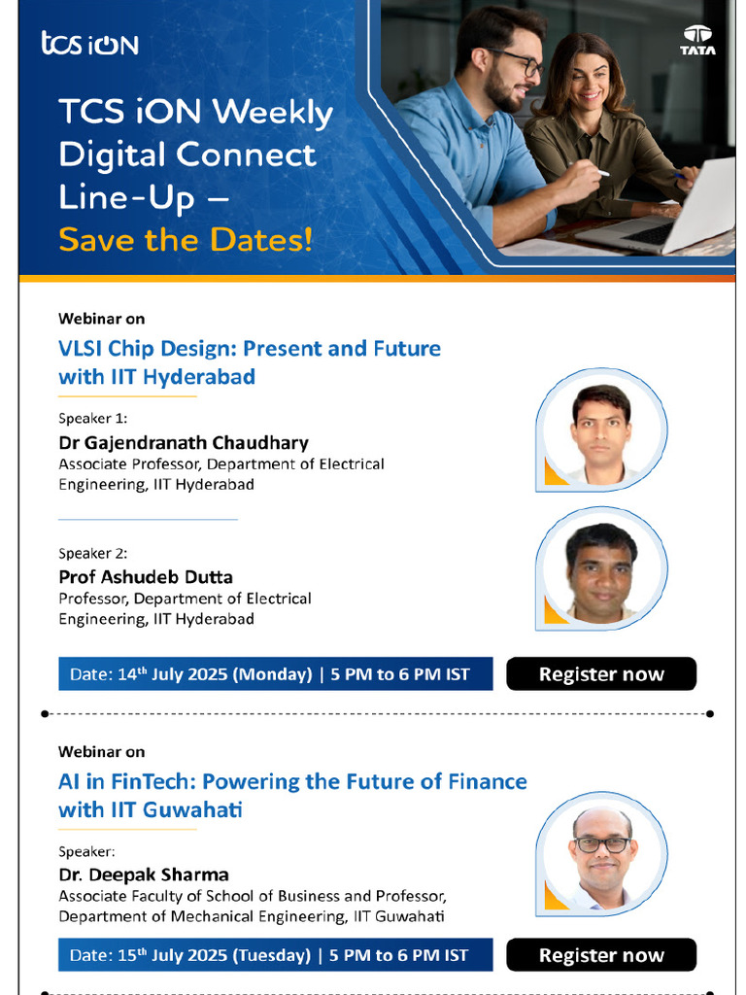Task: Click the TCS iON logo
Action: coord(89,44)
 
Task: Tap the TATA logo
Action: coord(696,40)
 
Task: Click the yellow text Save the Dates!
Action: coord(186,238)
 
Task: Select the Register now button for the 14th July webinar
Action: coord(601,674)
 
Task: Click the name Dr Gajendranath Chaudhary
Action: coord(184,443)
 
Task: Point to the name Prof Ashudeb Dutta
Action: coord(146,576)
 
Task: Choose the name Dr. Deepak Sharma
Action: coord(144,874)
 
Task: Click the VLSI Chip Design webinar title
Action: coord(250,361)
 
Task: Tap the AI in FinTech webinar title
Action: coord(292,795)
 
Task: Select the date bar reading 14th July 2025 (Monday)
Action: coord(275,674)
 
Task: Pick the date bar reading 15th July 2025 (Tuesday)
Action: coord(275,955)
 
